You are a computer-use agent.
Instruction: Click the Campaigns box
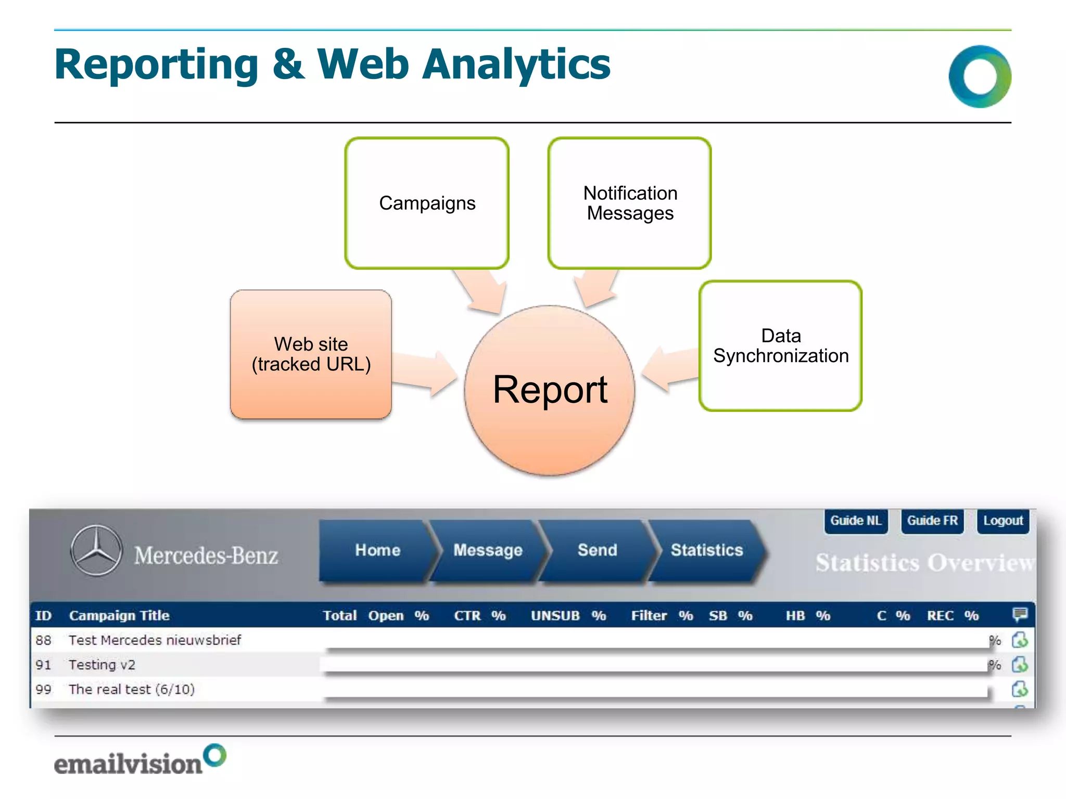427,203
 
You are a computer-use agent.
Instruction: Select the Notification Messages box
630,203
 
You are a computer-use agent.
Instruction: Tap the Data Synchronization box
780,346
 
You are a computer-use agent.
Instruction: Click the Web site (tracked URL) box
311,354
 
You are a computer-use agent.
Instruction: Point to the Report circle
550,390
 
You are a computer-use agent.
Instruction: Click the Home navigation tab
377,550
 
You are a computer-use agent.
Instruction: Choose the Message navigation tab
488,550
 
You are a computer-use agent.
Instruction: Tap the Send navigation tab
597,550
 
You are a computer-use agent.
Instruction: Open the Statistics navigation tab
706,550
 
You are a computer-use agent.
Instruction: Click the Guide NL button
856,521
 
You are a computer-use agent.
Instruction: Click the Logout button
1003,521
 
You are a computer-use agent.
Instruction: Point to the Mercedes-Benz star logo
97,550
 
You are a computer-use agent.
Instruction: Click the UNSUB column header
555,616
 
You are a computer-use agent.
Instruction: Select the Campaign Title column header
119,616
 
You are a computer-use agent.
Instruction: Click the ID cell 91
44,665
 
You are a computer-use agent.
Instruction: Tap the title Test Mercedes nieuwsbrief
155,640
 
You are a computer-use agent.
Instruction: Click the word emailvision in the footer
128,764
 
